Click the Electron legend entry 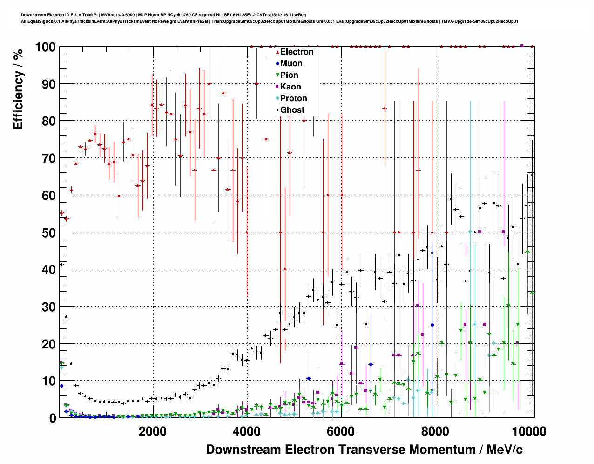(297, 52)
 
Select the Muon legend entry (291, 63)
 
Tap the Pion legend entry (289, 75)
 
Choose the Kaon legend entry (290, 87)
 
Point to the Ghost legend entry (292, 110)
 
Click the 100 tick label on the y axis (45, 47)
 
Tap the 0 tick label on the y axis (53, 418)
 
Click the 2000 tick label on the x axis (152, 431)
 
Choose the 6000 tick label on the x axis (341, 431)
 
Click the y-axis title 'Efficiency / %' (18, 89)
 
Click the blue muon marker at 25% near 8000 (432, 325)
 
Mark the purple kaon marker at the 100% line (522, 46)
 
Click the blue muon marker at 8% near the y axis (61, 386)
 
